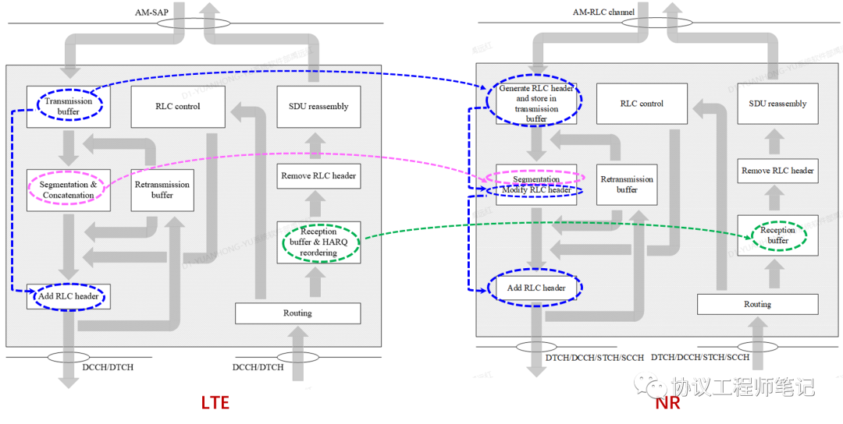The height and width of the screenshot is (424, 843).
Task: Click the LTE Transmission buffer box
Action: [x=68, y=107]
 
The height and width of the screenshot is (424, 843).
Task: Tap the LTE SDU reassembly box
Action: [x=318, y=107]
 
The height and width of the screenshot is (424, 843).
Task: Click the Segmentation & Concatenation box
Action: [x=68, y=189]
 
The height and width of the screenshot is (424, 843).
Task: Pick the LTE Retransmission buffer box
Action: [x=162, y=189]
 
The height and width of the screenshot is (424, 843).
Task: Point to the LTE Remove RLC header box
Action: [x=318, y=175]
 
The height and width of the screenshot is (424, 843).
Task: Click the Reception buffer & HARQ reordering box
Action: [x=318, y=242]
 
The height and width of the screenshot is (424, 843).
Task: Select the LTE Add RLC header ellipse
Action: [x=68, y=296]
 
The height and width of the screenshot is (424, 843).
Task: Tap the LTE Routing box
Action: [x=297, y=313]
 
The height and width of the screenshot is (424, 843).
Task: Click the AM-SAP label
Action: [x=151, y=12]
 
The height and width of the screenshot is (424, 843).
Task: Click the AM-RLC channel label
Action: [x=604, y=12]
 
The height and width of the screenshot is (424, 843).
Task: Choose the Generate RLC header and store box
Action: [x=536, y=104]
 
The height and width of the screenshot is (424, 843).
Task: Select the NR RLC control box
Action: [x=642, y=104]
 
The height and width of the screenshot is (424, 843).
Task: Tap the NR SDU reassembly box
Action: [x=777, y=104]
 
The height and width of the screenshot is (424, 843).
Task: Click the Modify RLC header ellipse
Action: [x=536, y=190]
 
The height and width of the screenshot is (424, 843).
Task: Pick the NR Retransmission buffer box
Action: [x=627, y=185]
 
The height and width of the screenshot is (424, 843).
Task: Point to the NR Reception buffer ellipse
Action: [x=777, y=235]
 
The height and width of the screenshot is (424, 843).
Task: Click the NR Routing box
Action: [x=757, y=304]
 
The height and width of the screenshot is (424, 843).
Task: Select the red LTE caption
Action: [x=215, y=403]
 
